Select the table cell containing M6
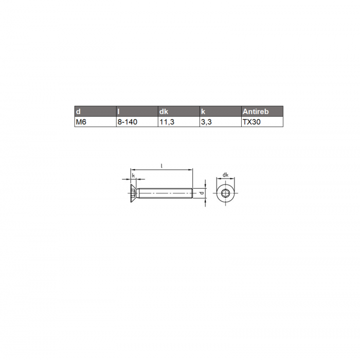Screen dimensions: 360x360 point(96,122)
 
